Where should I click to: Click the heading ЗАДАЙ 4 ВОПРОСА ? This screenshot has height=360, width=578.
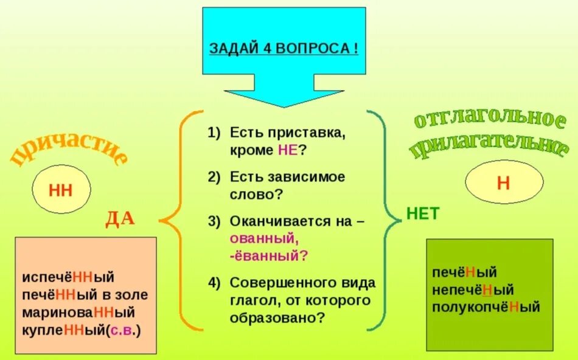[x=284, y=48]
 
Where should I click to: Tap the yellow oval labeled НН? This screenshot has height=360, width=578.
[x=60, y=190]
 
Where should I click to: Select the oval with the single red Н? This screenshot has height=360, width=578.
[x=504, y=183]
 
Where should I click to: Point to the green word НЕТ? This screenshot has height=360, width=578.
[x=422, y=213]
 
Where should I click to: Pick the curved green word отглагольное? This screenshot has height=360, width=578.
[x=489, y=119]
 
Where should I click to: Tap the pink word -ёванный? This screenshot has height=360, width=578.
[x=268, y=255]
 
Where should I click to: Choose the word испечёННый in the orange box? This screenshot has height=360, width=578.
[x=68, y=277]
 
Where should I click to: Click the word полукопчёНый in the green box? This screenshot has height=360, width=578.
[x=486, y=307]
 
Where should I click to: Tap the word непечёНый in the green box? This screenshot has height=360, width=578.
[x=473, y=290]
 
